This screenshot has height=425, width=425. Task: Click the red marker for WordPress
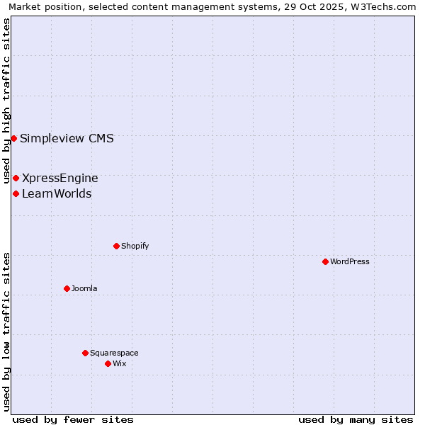325,261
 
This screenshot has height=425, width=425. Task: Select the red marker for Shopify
116,246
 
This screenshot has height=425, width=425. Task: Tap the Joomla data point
67,288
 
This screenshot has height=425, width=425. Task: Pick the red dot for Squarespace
85,353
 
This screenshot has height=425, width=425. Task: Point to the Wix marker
108,363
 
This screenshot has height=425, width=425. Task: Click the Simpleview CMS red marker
13,138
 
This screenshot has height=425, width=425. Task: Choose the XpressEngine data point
16,178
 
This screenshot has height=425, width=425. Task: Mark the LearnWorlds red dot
16,193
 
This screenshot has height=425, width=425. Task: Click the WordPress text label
350,261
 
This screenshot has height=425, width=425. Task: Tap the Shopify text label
135,246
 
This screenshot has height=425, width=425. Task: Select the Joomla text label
84,288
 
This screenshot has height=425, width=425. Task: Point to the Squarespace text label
114,353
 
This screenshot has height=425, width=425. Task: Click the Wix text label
119,363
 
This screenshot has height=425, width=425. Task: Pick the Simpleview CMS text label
67,138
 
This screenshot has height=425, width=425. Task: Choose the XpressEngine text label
60,178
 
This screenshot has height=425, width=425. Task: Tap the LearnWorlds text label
57,193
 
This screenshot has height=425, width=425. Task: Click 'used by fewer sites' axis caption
73,419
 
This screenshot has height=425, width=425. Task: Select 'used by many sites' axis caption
356,419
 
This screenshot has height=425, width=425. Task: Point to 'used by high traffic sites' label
7,101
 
